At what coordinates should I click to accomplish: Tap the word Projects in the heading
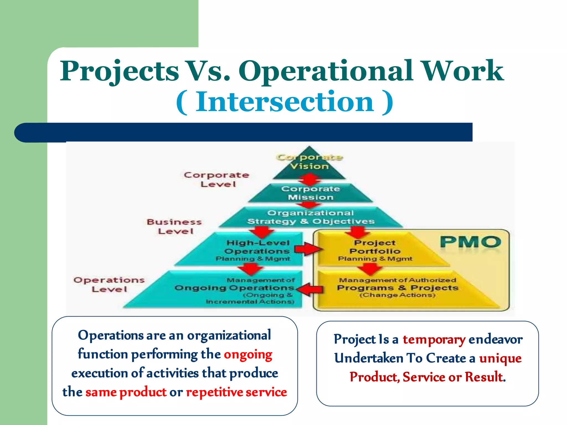click(x=120, y=71)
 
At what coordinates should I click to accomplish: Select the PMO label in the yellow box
click(x=470, y=242)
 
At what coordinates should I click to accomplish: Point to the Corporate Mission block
click(x=310, y=193)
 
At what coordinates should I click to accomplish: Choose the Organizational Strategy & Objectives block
click(x=311, y=217)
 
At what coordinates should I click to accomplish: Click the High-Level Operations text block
click(x=257, y=250)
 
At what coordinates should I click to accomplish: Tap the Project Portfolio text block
click(x=375, y=250)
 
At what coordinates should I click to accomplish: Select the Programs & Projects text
click(x=398, y=288)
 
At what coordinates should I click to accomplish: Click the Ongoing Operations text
click(x=234, y=288)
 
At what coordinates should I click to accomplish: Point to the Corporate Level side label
click(x=217, y=180)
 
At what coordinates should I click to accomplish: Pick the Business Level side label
click(x=174, y=226)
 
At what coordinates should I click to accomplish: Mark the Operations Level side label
click(x=109, y=284)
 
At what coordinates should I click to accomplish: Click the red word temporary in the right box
click(x=434, y=340)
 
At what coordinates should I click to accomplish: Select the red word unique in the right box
click(x=500, y=359)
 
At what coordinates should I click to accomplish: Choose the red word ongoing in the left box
click(x=248, y=355)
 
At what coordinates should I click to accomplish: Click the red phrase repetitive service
click(x=236, y=392)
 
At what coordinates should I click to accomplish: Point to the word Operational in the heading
click(x=326, y=71)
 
